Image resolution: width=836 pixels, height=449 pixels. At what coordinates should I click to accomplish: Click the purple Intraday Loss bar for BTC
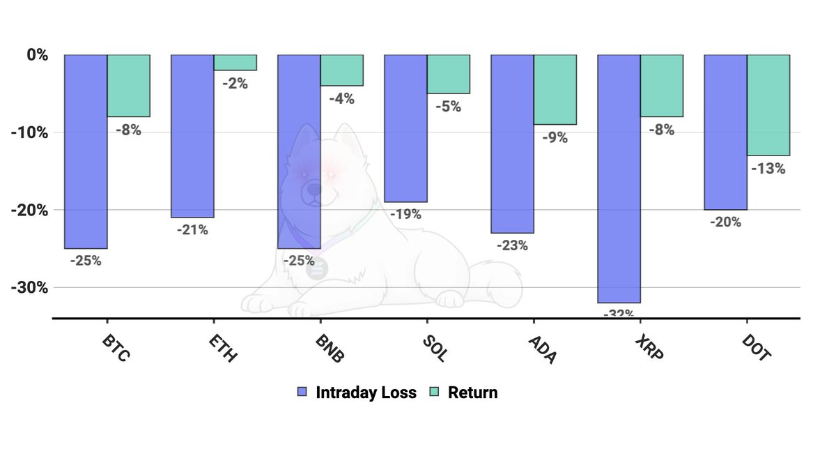86,152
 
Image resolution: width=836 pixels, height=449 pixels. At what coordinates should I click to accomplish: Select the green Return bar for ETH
235,62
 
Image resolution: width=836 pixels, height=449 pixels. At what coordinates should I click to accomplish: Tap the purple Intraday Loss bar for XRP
619,178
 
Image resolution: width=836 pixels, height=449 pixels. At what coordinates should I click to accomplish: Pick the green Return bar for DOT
768,105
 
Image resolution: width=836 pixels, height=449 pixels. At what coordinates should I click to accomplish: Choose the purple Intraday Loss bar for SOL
405,128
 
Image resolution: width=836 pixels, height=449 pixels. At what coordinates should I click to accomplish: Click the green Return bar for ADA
555,90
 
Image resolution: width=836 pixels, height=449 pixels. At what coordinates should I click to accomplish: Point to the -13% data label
768,169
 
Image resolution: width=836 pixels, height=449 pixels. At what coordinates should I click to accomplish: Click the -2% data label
235,84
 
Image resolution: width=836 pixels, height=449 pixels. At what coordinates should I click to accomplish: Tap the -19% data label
405,215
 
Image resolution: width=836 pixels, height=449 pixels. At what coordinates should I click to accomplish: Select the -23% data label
513,246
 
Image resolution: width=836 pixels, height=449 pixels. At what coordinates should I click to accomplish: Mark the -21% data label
192,230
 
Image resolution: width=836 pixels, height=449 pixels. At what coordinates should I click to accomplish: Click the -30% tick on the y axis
29,288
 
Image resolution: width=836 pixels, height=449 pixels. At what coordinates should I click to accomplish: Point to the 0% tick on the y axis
38,55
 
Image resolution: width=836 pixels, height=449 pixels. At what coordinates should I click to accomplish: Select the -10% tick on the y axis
29,132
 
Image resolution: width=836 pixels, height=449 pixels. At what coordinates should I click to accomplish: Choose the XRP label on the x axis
649,348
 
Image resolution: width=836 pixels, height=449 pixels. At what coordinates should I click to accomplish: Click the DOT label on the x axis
756,348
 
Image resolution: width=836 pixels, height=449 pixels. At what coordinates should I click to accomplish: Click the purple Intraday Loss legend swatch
302,392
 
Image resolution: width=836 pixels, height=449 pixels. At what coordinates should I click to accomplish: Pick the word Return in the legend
473,393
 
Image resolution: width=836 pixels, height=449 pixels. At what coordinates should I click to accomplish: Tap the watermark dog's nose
314,190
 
